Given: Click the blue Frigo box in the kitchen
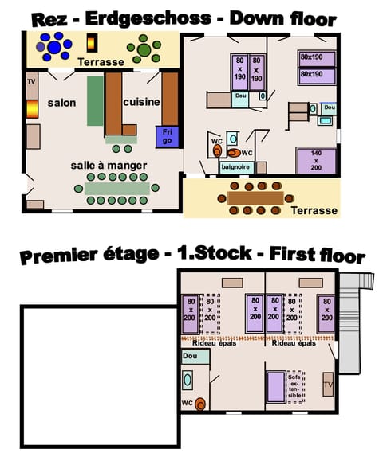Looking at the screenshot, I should (168, 135).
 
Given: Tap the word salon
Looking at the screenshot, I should (61, 103).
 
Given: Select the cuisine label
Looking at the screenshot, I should (141, 102).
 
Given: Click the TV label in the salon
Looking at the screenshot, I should (32, 82).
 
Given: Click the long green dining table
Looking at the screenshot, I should (116, 189).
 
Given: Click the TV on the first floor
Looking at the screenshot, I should (328, 385).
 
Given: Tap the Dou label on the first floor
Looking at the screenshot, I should (190, 357).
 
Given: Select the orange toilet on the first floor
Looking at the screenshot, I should (201, 404).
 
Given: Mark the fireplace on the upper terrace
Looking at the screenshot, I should (93, 44).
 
